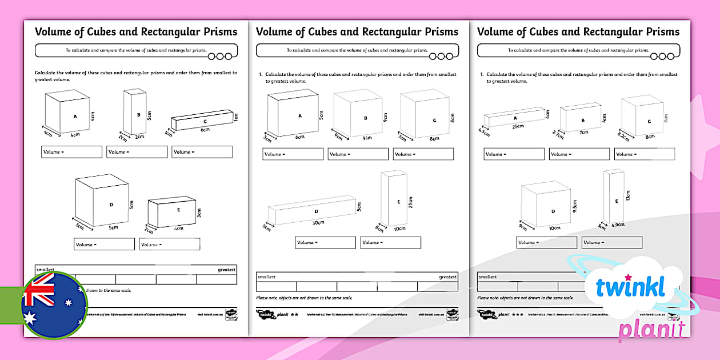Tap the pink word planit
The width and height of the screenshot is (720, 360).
(x=651, y=330)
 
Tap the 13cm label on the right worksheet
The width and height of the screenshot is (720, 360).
(x=627, y=195)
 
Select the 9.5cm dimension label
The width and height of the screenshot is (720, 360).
(x=575, y=206)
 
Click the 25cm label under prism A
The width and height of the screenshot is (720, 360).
(x=518, y=126)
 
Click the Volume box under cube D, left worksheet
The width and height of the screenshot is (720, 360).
(x=104, y=244)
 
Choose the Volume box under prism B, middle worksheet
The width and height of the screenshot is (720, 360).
(x=358, y=154)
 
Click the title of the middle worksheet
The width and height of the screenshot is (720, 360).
(x=357, y=31)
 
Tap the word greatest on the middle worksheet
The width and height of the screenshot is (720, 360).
(x=447, y=277)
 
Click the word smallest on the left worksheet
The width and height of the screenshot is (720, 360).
(x=45, y=269)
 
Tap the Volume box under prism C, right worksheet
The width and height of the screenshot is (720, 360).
(x=644, y=154)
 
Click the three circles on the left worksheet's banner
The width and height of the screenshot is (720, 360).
(x=220, y=56)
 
